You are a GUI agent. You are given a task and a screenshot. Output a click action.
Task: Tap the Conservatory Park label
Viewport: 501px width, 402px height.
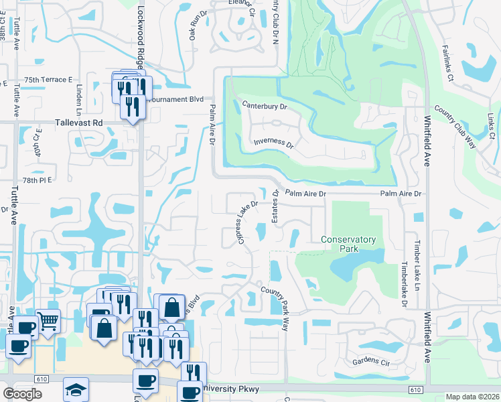click(x=348, y=245)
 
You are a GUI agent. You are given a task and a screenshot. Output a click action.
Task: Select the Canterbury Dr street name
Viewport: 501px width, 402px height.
click(x=265, y=106)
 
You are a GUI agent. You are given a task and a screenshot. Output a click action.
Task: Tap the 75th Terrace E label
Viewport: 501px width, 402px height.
click(x=48, y=80)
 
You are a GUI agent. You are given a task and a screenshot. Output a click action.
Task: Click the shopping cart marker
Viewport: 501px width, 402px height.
click(x=48, y=322)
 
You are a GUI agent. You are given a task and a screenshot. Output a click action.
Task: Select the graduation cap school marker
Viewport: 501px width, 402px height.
click(x=76, y=389)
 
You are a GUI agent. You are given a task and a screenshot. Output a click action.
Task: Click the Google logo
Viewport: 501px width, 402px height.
click(x=22, y=394)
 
